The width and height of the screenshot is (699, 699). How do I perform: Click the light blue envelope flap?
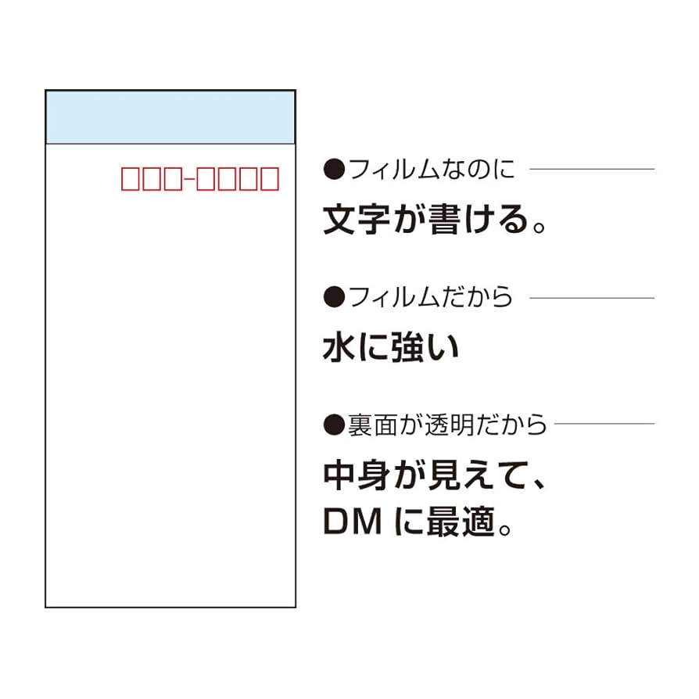point(170,117)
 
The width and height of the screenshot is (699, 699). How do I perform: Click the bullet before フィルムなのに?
point(334,169)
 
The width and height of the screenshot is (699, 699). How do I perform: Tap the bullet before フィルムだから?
point(334,297)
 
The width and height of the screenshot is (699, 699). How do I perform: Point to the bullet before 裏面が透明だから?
point(334,425)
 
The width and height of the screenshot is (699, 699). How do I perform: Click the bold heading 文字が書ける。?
point(433,221)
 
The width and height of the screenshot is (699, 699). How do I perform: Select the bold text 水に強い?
point(391,348)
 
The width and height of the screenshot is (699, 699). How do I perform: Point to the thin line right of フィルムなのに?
point(592,169)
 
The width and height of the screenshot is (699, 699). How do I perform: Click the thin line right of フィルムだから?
point(592,297)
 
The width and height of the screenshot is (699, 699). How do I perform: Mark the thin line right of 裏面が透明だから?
point(604,425)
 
